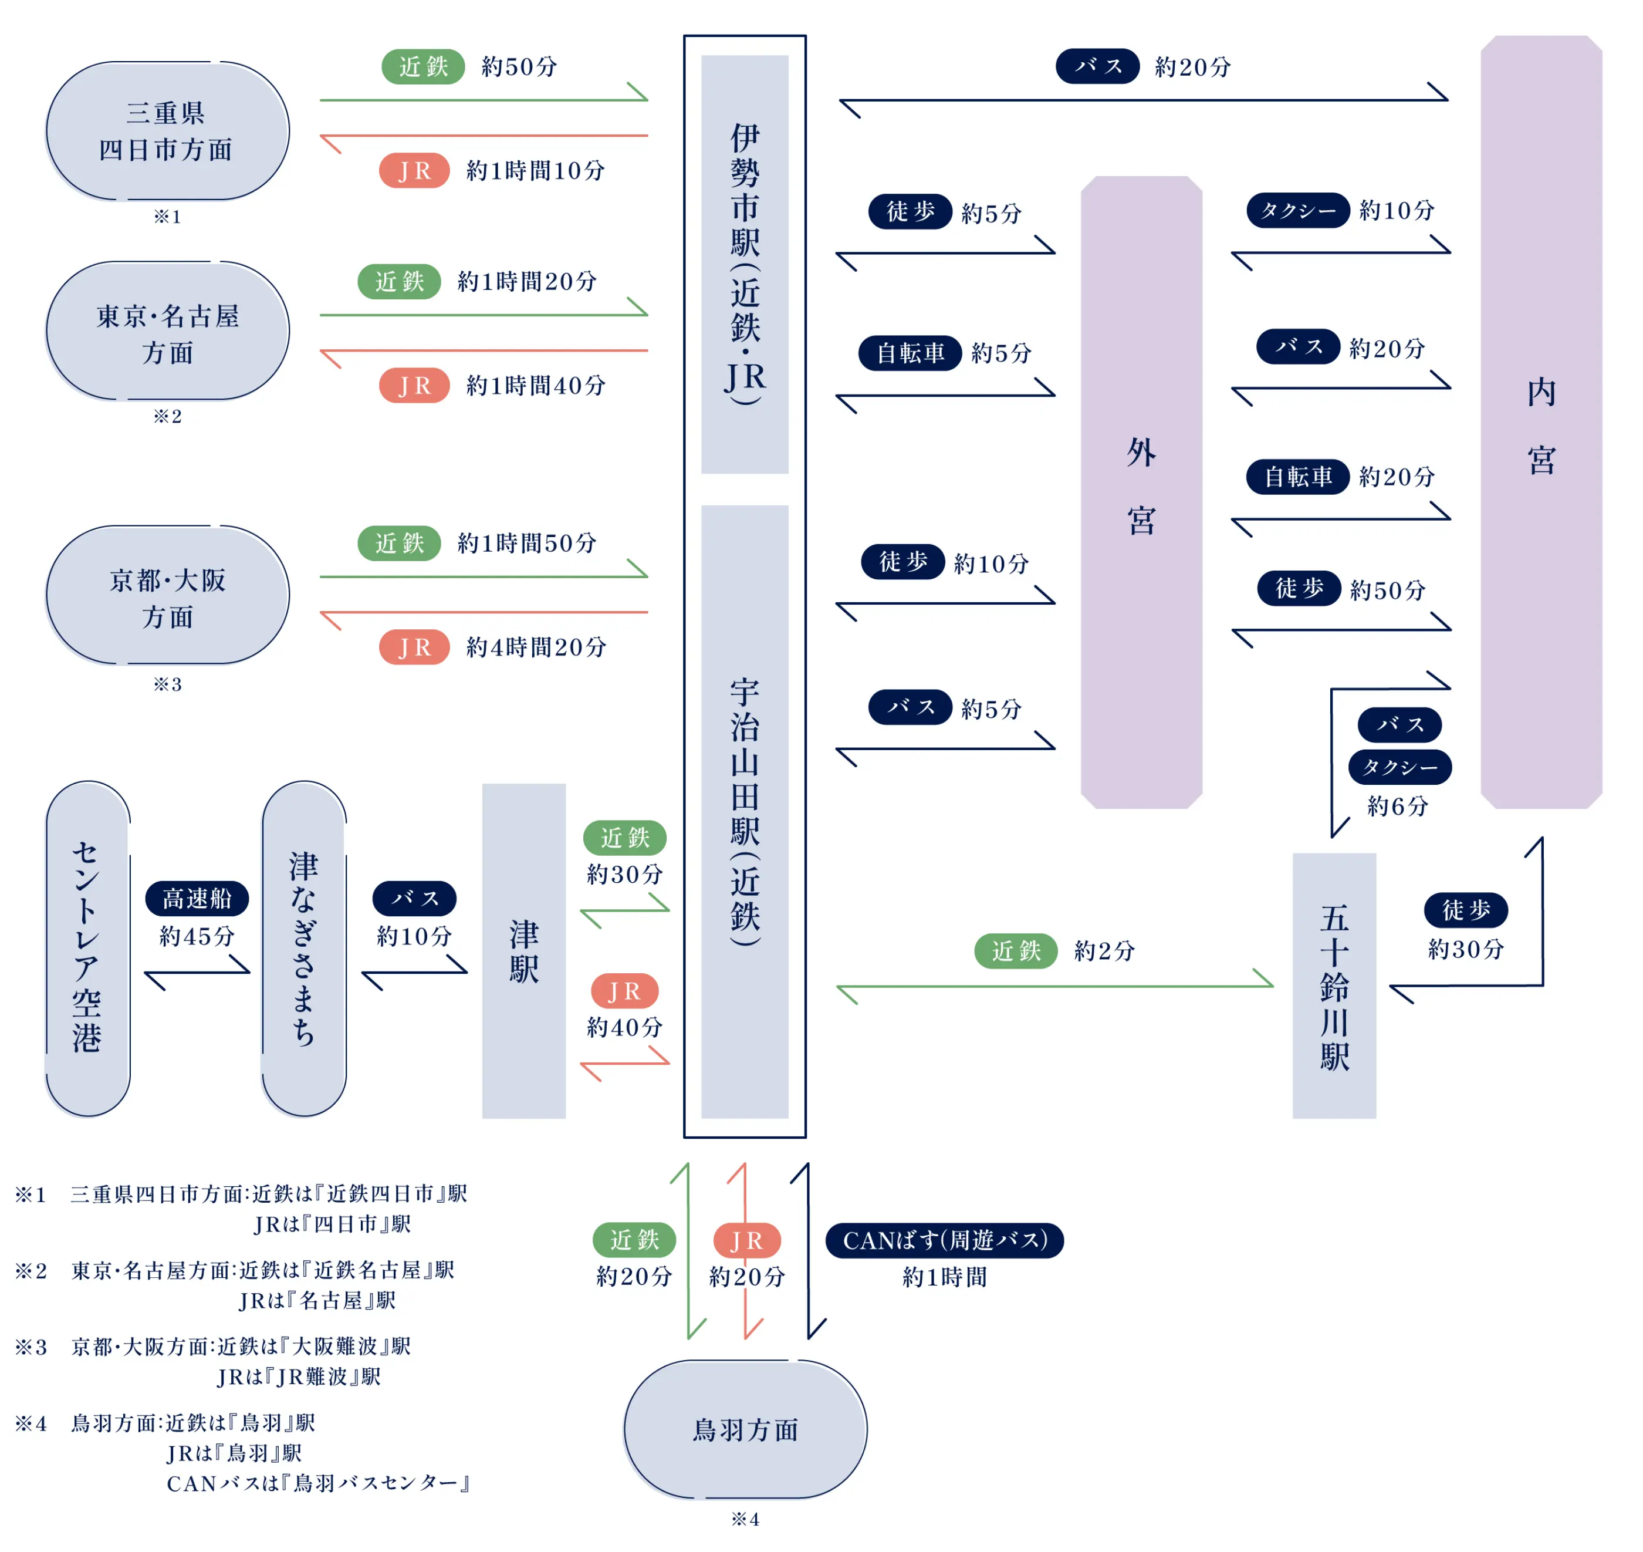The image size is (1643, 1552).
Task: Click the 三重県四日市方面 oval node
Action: pos(168,131)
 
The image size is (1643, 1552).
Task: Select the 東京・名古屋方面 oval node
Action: pos(168,331)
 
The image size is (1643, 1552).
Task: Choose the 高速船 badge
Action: pos(197,899)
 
